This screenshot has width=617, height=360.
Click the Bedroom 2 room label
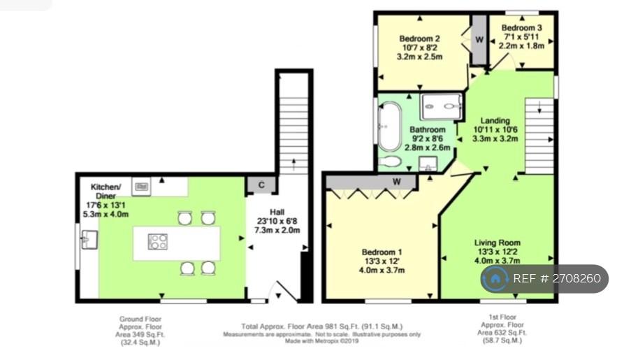pos(419,38)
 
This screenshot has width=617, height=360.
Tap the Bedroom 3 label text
pos(521,27)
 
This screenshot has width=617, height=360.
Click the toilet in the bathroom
pos(390,161)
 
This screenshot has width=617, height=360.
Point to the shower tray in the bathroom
pos(442,106)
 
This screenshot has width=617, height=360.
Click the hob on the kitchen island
pos(158,242)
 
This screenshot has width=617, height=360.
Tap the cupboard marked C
pos(261,185)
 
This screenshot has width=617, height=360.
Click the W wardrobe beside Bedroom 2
pos(479,40)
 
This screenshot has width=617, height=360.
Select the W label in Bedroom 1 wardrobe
pos(397,181)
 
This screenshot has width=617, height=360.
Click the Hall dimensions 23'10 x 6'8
pos(277,221)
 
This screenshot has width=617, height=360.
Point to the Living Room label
pos(497,243)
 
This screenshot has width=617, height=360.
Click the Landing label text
pos(495,121)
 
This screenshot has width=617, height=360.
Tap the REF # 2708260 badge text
pos(557,278)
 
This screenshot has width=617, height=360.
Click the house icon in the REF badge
pos(495,279)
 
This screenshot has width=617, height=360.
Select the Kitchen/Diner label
pos(106,192)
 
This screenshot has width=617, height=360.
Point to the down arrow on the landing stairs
pos(539,107)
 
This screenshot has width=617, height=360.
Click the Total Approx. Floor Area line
pos(322,326)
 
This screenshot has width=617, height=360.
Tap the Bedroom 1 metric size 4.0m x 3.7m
pos(382,271)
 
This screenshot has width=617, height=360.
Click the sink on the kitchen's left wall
pos(89,239)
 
